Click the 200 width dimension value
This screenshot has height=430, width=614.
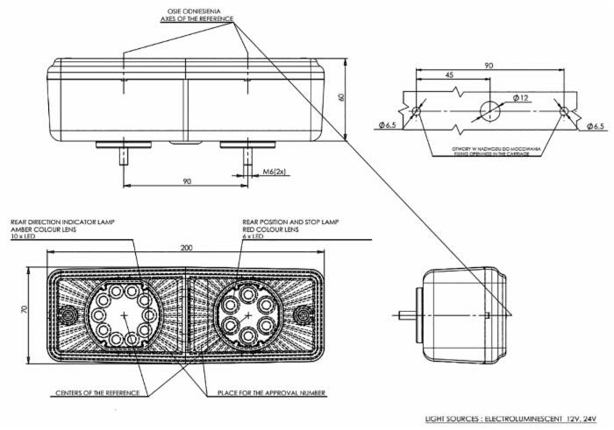point(187,249)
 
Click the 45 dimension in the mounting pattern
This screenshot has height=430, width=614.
point(449,76)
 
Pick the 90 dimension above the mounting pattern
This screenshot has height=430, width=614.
point(489,65)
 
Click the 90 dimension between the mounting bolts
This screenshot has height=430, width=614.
point(186,181)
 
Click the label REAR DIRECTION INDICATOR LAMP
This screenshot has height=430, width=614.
point(62,222)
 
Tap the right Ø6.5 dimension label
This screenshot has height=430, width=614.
point(596,126)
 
